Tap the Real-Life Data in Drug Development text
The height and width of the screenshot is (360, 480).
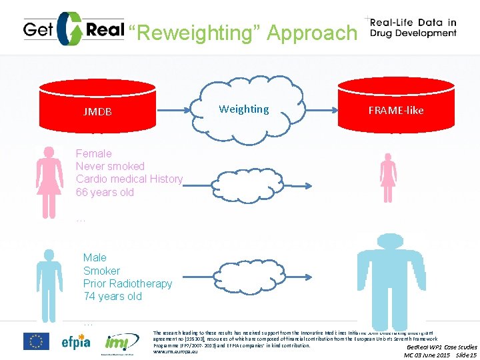pos(414,28)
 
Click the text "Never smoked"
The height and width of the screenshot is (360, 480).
pos(110,166)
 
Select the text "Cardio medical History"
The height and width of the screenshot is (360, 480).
pos(129,179)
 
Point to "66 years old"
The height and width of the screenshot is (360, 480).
pos(105,192)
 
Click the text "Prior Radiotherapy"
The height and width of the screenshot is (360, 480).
pos(127,283)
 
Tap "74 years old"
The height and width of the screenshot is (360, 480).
pos(112,296)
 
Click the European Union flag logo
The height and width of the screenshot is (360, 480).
pos(36,341)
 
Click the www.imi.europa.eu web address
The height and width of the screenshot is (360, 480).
pos(175,351)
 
